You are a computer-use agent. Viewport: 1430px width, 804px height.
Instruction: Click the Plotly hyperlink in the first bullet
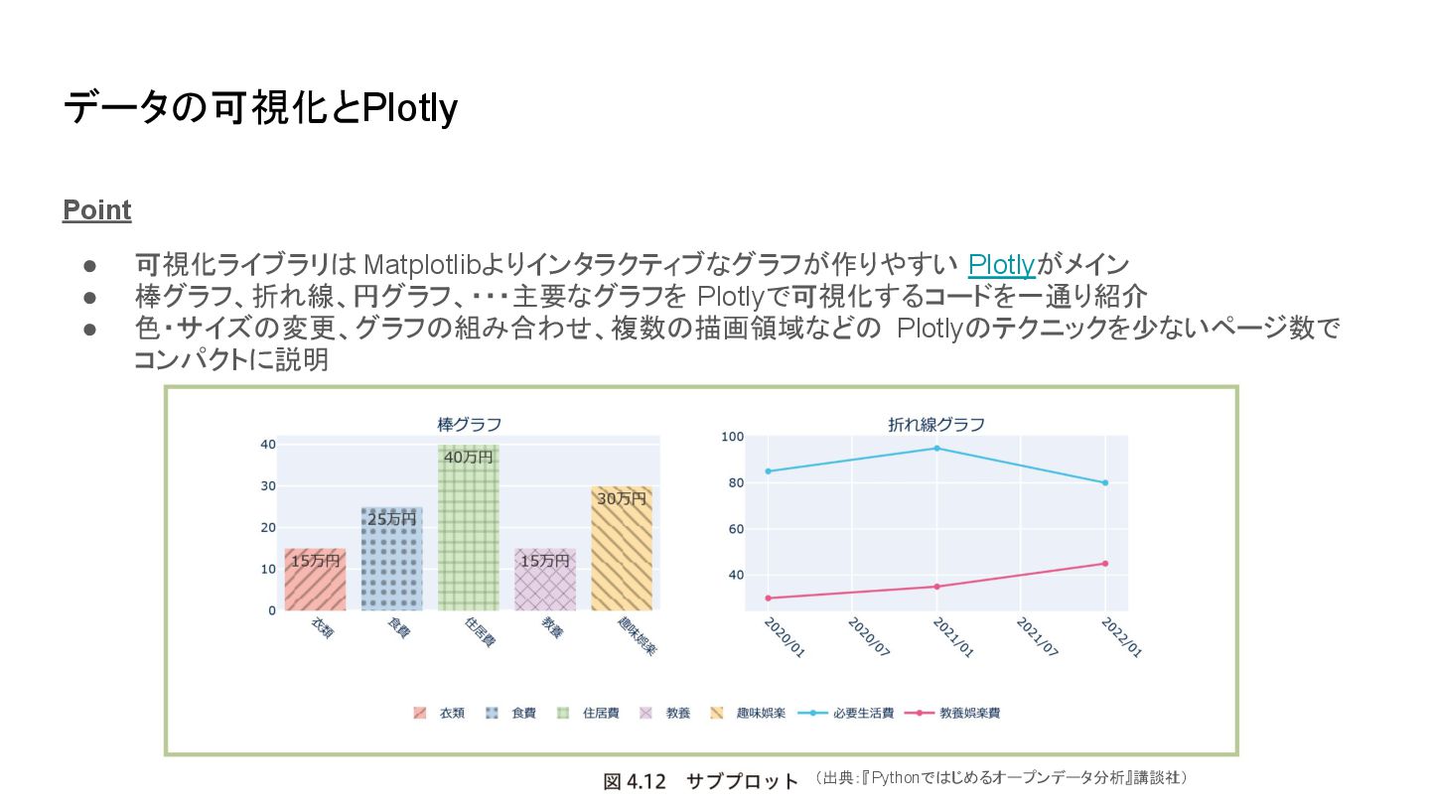[1001, 265]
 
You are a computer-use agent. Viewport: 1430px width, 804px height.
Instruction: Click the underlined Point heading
[96, 210]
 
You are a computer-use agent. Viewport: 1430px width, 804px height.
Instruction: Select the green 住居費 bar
[468, 536]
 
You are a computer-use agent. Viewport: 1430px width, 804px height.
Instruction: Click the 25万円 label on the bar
[391, 519]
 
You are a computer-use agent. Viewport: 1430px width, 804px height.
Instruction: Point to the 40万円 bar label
[468, 458]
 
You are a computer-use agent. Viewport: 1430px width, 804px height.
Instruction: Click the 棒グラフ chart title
[469, 424]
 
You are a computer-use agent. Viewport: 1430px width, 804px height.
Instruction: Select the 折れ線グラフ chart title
[935, 424]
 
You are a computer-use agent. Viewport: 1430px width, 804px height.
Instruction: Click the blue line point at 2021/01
[936, 448]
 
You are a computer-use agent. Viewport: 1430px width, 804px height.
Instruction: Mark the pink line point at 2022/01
[1104, 564]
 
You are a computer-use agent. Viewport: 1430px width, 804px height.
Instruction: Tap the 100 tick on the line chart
[732, 437]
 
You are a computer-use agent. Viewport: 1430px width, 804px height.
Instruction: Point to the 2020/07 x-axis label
[867, 635]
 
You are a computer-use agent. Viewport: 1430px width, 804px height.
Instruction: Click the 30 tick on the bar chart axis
[268, 485]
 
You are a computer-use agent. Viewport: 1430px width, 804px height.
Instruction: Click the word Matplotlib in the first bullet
[423, 265]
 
